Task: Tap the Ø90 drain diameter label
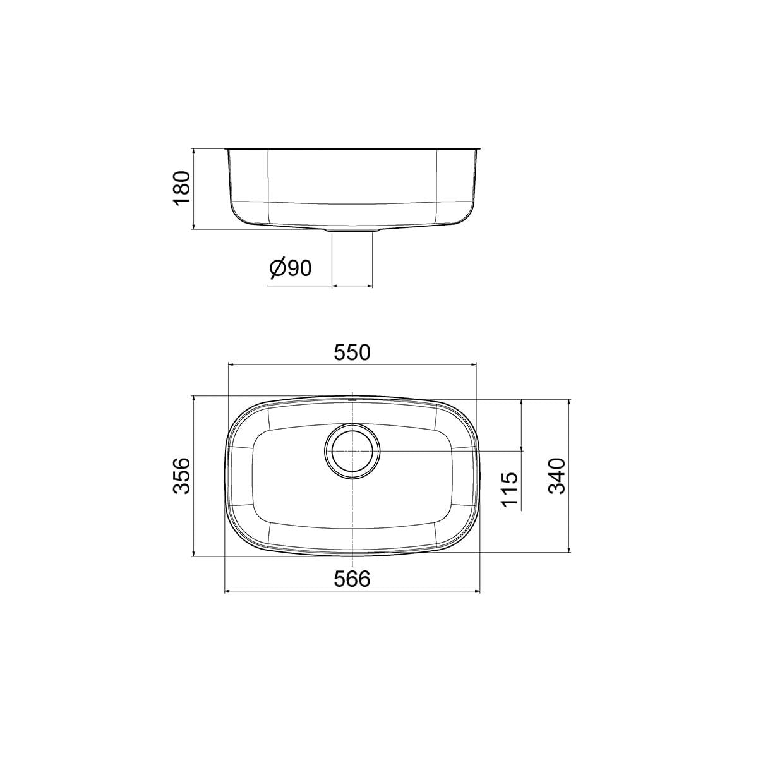click(x=291, y=268)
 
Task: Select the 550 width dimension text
click(x=352, y=352)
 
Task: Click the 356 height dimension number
click(x=182, y=475)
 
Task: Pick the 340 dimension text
click(x=556, y=476)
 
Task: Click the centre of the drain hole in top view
click(x=352, y=451)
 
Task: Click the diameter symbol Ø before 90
click(x=278, y=269)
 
